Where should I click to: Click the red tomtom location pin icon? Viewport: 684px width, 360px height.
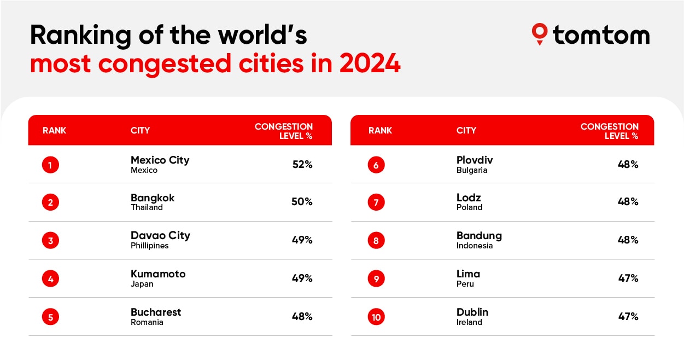pos(539,33)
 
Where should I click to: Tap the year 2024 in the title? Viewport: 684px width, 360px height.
pos(370,64)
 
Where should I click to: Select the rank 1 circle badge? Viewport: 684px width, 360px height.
pos(50,165)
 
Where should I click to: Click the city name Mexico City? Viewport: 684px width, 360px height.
pos(160,160)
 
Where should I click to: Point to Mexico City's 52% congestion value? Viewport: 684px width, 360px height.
pos(302,164)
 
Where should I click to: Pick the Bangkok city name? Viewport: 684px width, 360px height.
pos(153,198)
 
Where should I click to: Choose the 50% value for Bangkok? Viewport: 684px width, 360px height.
pos(302,202)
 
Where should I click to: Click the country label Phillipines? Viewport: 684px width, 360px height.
pos(149,246)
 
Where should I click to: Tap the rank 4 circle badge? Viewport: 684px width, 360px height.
pos(50,278)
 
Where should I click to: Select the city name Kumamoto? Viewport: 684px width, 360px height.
pos(158,274)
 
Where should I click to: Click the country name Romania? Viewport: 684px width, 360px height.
pos(147,322)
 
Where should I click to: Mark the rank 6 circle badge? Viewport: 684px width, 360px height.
pos(376,165)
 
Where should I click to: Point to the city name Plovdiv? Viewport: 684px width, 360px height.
pos(475,160)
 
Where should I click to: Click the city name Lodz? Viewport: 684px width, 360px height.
pos(469,198)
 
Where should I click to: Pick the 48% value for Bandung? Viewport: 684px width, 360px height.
pos(628,240)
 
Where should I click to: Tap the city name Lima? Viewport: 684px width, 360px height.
pos(468,274)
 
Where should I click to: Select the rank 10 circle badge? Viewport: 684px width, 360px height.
pos(376,317)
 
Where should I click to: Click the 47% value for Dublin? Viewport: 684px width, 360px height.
pos(628,316)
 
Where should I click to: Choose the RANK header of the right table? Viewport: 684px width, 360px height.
pos(380,131)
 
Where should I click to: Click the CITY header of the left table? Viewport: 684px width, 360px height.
pos(140,131)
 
